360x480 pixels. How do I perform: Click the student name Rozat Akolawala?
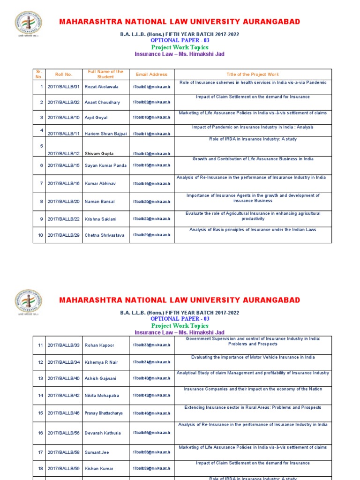pyautogui.click(x=102, y=87)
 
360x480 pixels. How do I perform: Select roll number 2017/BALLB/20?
pyautogui.click(x=64, y=202)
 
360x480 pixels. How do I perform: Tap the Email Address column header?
pyautogui.click(x=151, y=75)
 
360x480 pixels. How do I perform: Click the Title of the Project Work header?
pyautogui.click(x=253, y=75)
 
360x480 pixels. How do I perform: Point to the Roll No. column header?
pyautogui.click(x=64, y=75)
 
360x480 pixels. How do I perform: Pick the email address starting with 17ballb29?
pyautogui.click(x=151, y=235)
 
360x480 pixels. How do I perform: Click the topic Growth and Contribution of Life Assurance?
pyautogui.click(x=253, y=159)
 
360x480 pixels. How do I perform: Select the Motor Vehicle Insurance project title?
pyautogui.click(x=253, y=357)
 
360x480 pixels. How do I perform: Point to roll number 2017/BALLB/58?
pyautogui.click(x=64, y=452)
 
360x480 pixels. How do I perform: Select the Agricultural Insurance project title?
pyautogui.click(x=253, y=216)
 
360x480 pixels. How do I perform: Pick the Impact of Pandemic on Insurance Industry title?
pyautogui.click(x=253, y=127)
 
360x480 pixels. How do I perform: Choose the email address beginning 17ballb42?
pyautogui.click(x=151, y=396)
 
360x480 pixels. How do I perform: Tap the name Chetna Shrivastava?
pyautogui.click(x=105, y=235)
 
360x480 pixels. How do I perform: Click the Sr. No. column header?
pyautogui.click(x=39, y=75)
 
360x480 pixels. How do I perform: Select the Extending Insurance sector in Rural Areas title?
pyautogui.click(x=253, y=407)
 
